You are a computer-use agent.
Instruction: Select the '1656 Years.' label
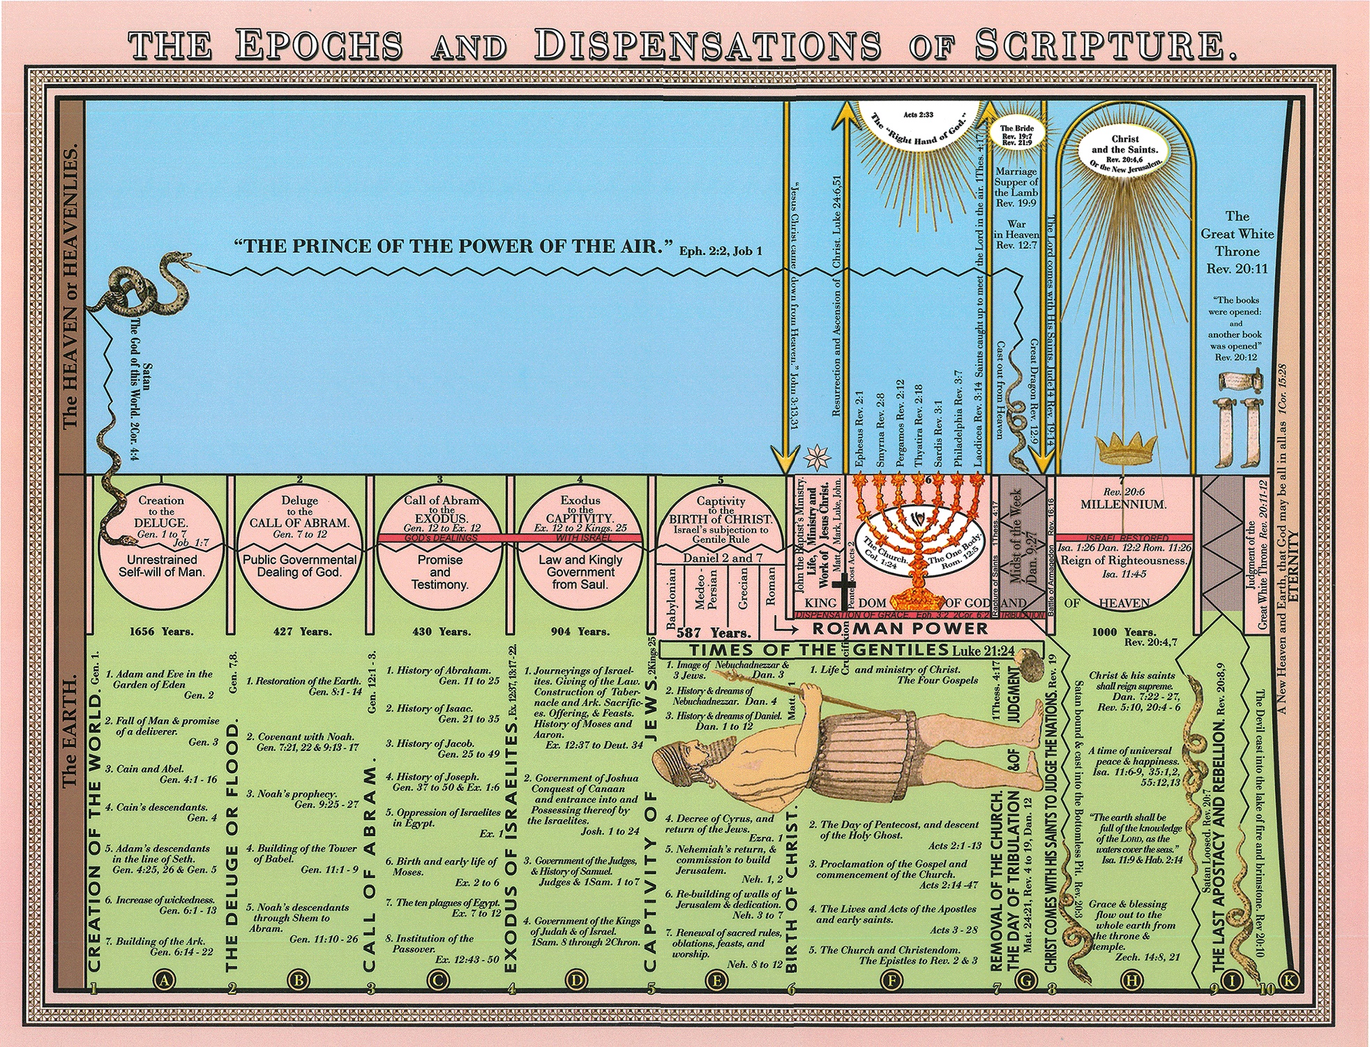(161, 632)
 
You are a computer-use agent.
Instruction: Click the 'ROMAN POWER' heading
(900, 628)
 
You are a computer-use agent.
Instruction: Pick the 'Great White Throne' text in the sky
(1237, 242)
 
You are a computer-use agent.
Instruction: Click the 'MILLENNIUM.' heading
(1122, 504)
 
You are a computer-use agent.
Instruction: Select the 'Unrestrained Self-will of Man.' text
(161, 565)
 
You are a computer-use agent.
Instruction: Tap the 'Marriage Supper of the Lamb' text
(1016, 187)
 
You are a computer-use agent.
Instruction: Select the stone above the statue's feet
(1026, 659)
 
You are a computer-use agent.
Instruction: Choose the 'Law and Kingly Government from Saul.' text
(580, 572)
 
